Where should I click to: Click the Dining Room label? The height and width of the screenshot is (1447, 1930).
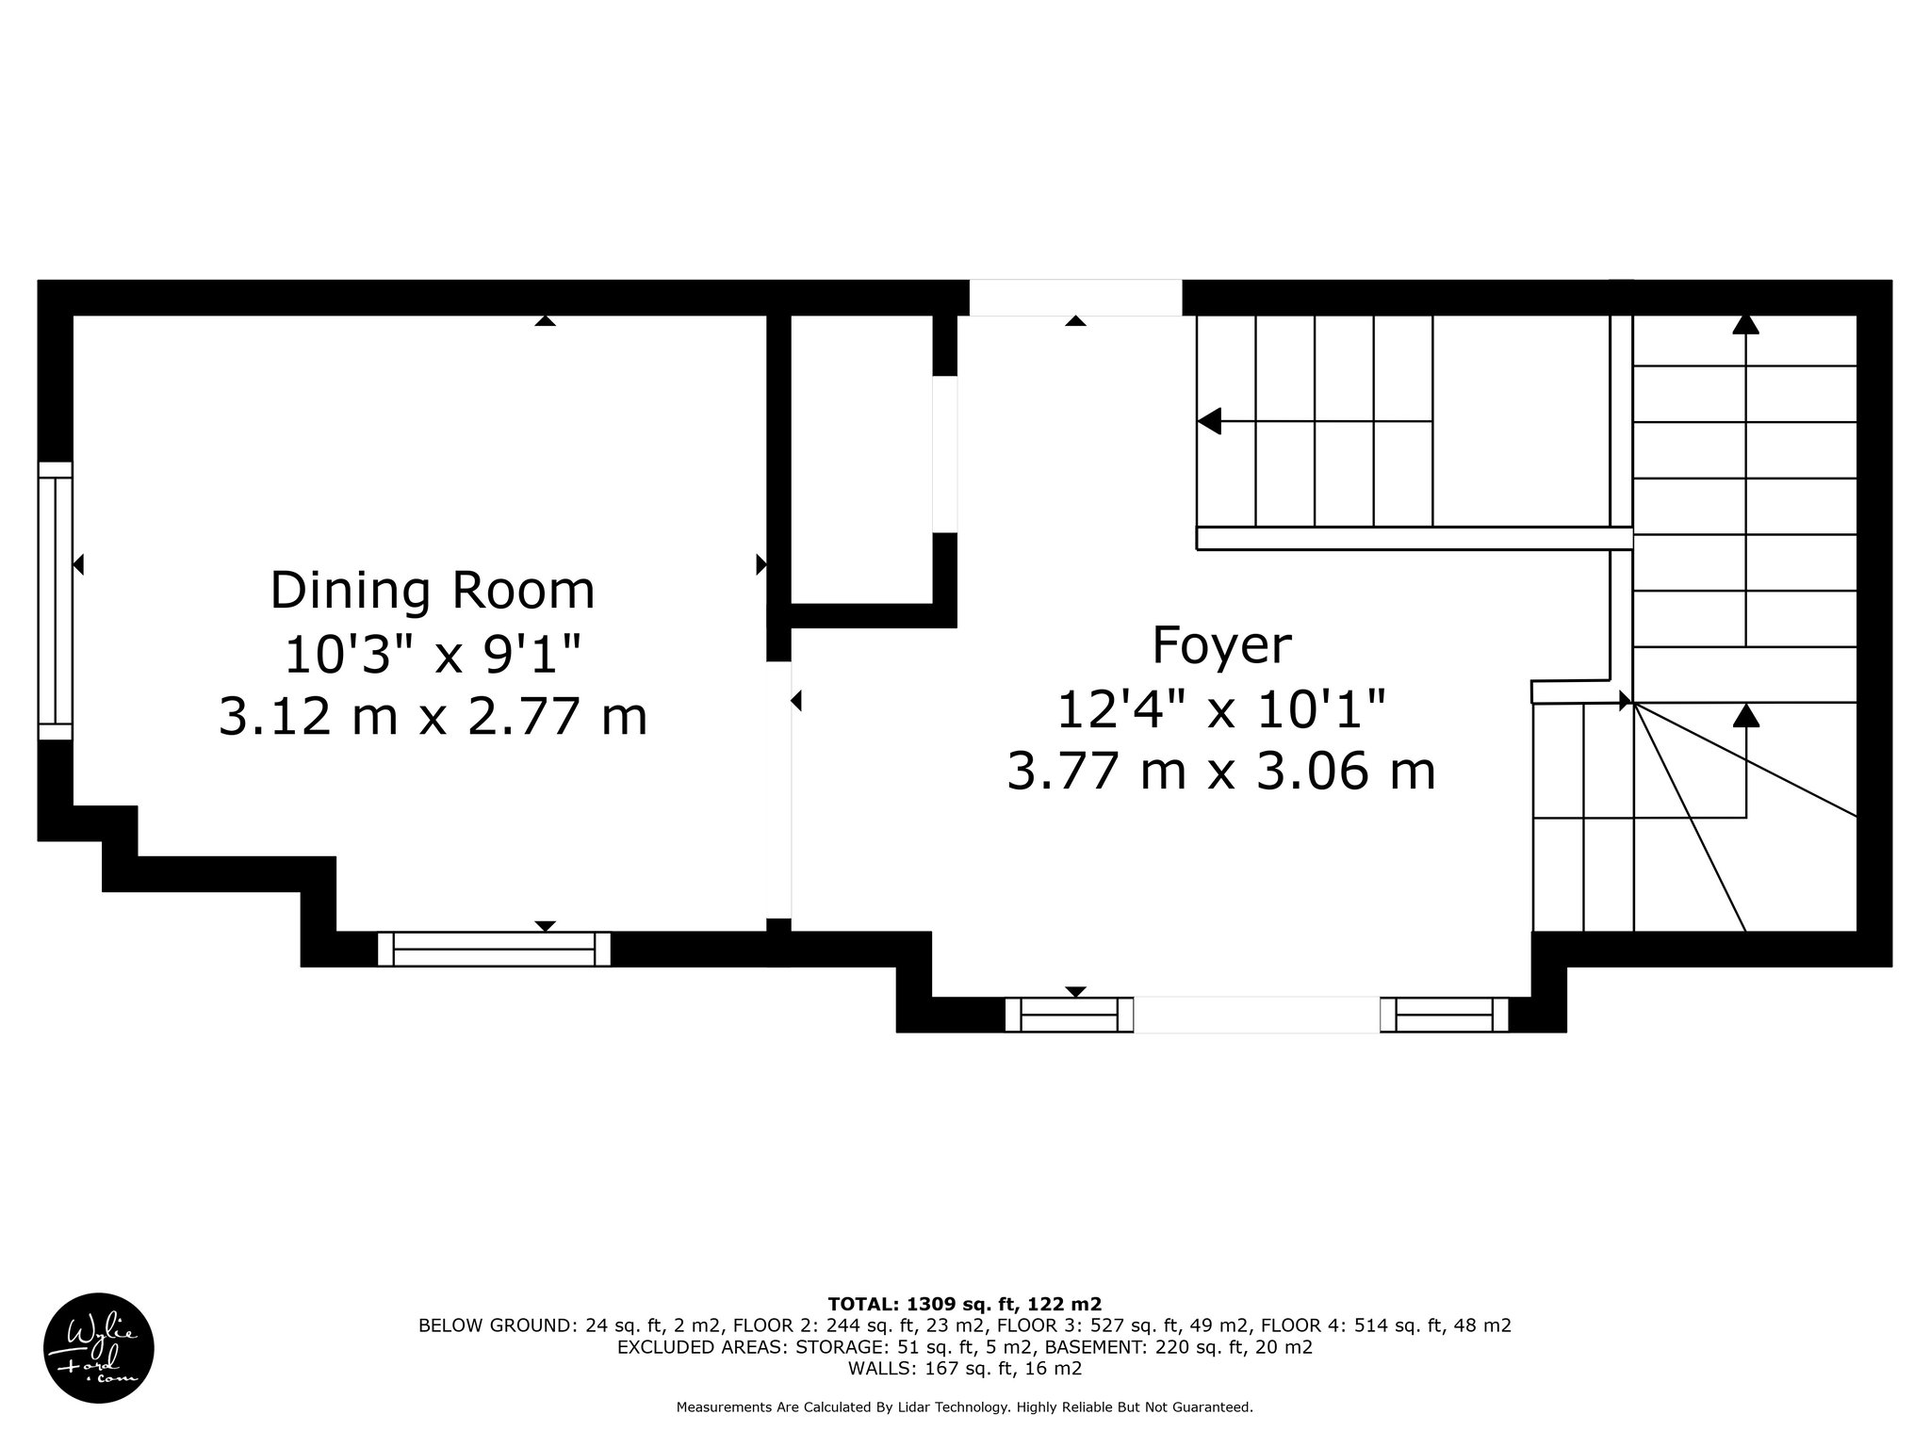(x=433, y=592)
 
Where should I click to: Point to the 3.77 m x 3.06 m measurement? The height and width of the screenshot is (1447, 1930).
(x=1221, y=772)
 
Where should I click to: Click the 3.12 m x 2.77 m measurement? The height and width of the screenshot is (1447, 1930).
(x=433, y=716)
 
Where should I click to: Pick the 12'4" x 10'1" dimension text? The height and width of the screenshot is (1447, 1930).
(x=1221, y=709)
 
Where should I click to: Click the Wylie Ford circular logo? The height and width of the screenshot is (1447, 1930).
(x=99, y=1347)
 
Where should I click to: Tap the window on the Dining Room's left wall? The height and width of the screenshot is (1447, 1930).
(x=55, y=601)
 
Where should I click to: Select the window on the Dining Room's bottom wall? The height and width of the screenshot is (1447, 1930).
(x=494, y=949)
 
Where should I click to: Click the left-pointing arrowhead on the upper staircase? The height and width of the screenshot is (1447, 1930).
(x=1209, y=421)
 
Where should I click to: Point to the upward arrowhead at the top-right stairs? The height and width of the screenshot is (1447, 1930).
(x=1746, y=323)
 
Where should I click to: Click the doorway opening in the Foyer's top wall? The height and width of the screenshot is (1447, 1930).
(x=1075, y=298)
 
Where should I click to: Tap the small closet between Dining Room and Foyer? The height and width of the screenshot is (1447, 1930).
(x=861, y=459)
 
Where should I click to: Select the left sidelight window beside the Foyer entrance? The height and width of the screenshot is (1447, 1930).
(x=1069, y=1015)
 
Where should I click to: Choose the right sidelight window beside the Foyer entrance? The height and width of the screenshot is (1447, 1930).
(x=1445, y=1015)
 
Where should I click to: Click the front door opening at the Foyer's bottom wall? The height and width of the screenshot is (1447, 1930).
(x=1257, y=1015)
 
